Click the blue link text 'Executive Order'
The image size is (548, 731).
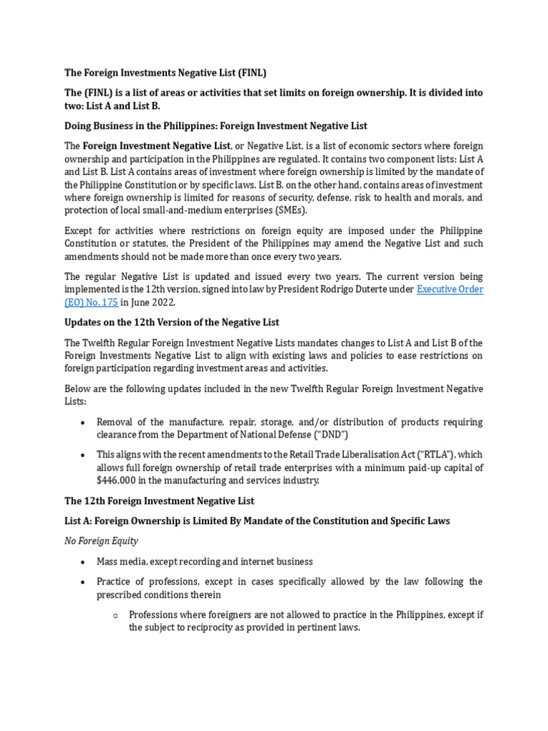[x=450, y=289]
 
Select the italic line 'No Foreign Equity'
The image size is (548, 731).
[x=101, y=541]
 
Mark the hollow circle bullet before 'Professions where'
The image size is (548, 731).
[x=115, y=615]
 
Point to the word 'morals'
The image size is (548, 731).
[x=443, y=197]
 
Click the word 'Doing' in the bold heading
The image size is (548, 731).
[x=79, y=126]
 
